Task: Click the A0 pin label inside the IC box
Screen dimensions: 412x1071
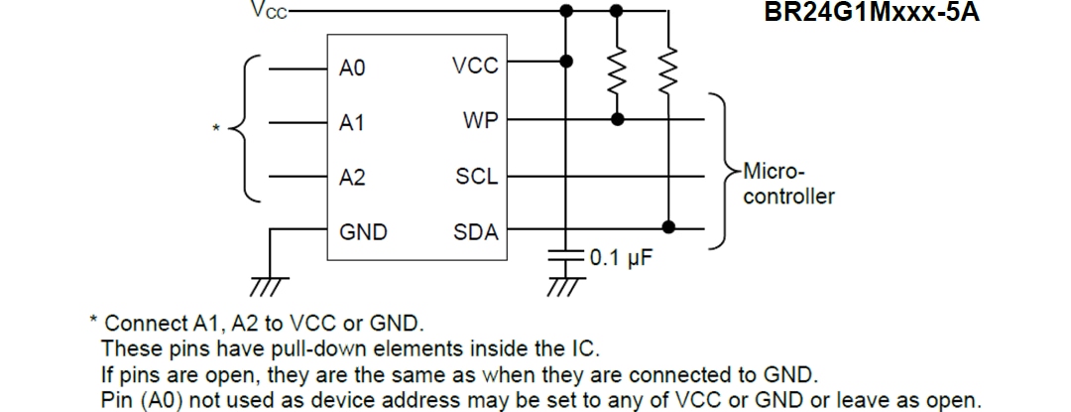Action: [352, 69]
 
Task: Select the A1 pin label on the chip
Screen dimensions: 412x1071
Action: [352, 124]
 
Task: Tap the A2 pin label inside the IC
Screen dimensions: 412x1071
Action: [352, 179]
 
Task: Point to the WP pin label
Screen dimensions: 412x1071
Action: [480, 120]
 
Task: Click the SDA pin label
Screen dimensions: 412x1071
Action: [476, 232]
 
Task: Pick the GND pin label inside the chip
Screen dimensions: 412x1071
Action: [363, 232]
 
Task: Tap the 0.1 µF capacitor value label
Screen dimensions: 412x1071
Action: [621, 259]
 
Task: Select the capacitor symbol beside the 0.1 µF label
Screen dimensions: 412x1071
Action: [565, 255]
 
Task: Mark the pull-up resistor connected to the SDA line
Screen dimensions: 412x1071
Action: [669, 69]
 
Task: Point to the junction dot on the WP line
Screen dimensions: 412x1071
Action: [617, 119]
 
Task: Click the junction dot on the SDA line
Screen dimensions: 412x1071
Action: [669, 227]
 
